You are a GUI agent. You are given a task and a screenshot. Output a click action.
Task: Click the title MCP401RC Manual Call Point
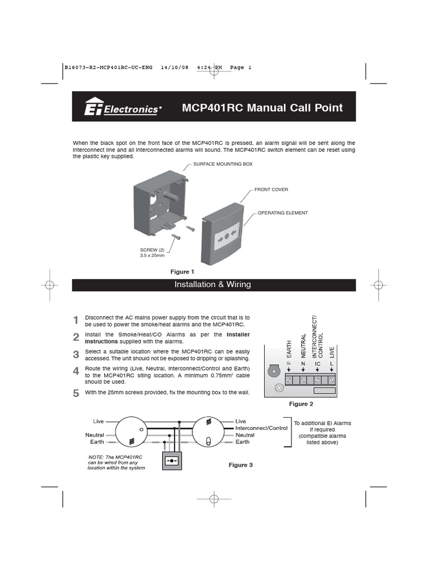pos(262,108)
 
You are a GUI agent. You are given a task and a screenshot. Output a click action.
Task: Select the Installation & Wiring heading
pos(213,284)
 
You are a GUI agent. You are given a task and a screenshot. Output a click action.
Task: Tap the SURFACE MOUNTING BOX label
pos(223,165)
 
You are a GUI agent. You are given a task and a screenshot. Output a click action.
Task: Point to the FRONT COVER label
pos(271,190)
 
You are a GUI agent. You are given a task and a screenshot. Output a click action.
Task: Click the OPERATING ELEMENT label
pos(283,213)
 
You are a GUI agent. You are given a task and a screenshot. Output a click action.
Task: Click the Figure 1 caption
pos(182,272)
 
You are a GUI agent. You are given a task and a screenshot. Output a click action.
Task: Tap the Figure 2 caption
pos(301,404)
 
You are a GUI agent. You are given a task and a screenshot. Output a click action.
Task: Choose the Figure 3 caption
pos(241,464)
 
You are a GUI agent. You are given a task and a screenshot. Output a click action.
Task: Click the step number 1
pos(76,320)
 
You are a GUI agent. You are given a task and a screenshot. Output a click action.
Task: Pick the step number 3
pos(76,355)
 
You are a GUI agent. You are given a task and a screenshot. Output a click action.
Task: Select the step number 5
pos(76,393)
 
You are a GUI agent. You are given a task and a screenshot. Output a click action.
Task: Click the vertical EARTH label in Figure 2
pos(289,349)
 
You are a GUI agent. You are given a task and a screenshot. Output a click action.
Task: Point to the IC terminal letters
pos(317,364)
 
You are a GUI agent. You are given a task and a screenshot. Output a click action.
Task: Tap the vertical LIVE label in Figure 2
pos(332,351)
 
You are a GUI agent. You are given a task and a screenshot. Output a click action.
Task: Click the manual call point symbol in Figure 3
pos(171,461)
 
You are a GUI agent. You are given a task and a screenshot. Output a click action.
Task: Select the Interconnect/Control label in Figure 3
pos(261,428)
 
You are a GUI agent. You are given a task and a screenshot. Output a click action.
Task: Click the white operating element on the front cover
pos(227,236)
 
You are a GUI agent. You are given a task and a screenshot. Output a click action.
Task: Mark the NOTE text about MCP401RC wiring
pos(116,462)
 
